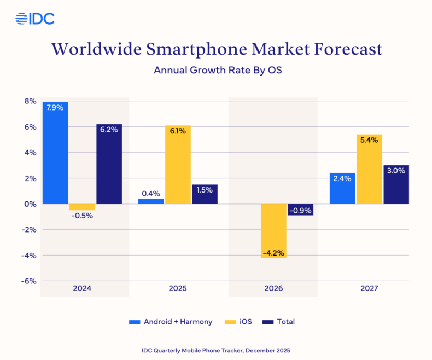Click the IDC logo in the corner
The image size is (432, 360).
click(x=34, y=19)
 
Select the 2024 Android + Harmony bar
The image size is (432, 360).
click(x=55, y=153)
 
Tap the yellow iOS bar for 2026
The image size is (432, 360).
click(x=274, y=230)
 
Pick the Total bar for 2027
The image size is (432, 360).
click(x=396, y=184)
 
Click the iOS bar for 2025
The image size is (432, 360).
click(x=178, y=165)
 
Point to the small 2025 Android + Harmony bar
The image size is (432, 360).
click(x=150, y=201)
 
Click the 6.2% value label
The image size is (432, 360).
click(x=109, y=130)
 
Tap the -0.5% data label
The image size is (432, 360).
click(x=82, y=216)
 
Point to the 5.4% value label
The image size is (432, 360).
click(x=369, y=141)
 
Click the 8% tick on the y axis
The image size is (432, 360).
click(x=30, y=101)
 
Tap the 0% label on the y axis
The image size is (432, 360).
click(x=30, y=204)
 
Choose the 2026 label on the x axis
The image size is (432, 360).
click(x=273, y=288)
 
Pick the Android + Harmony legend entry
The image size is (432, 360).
click(x=171, y=322)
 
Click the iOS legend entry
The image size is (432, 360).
click(x=238, y=322)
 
